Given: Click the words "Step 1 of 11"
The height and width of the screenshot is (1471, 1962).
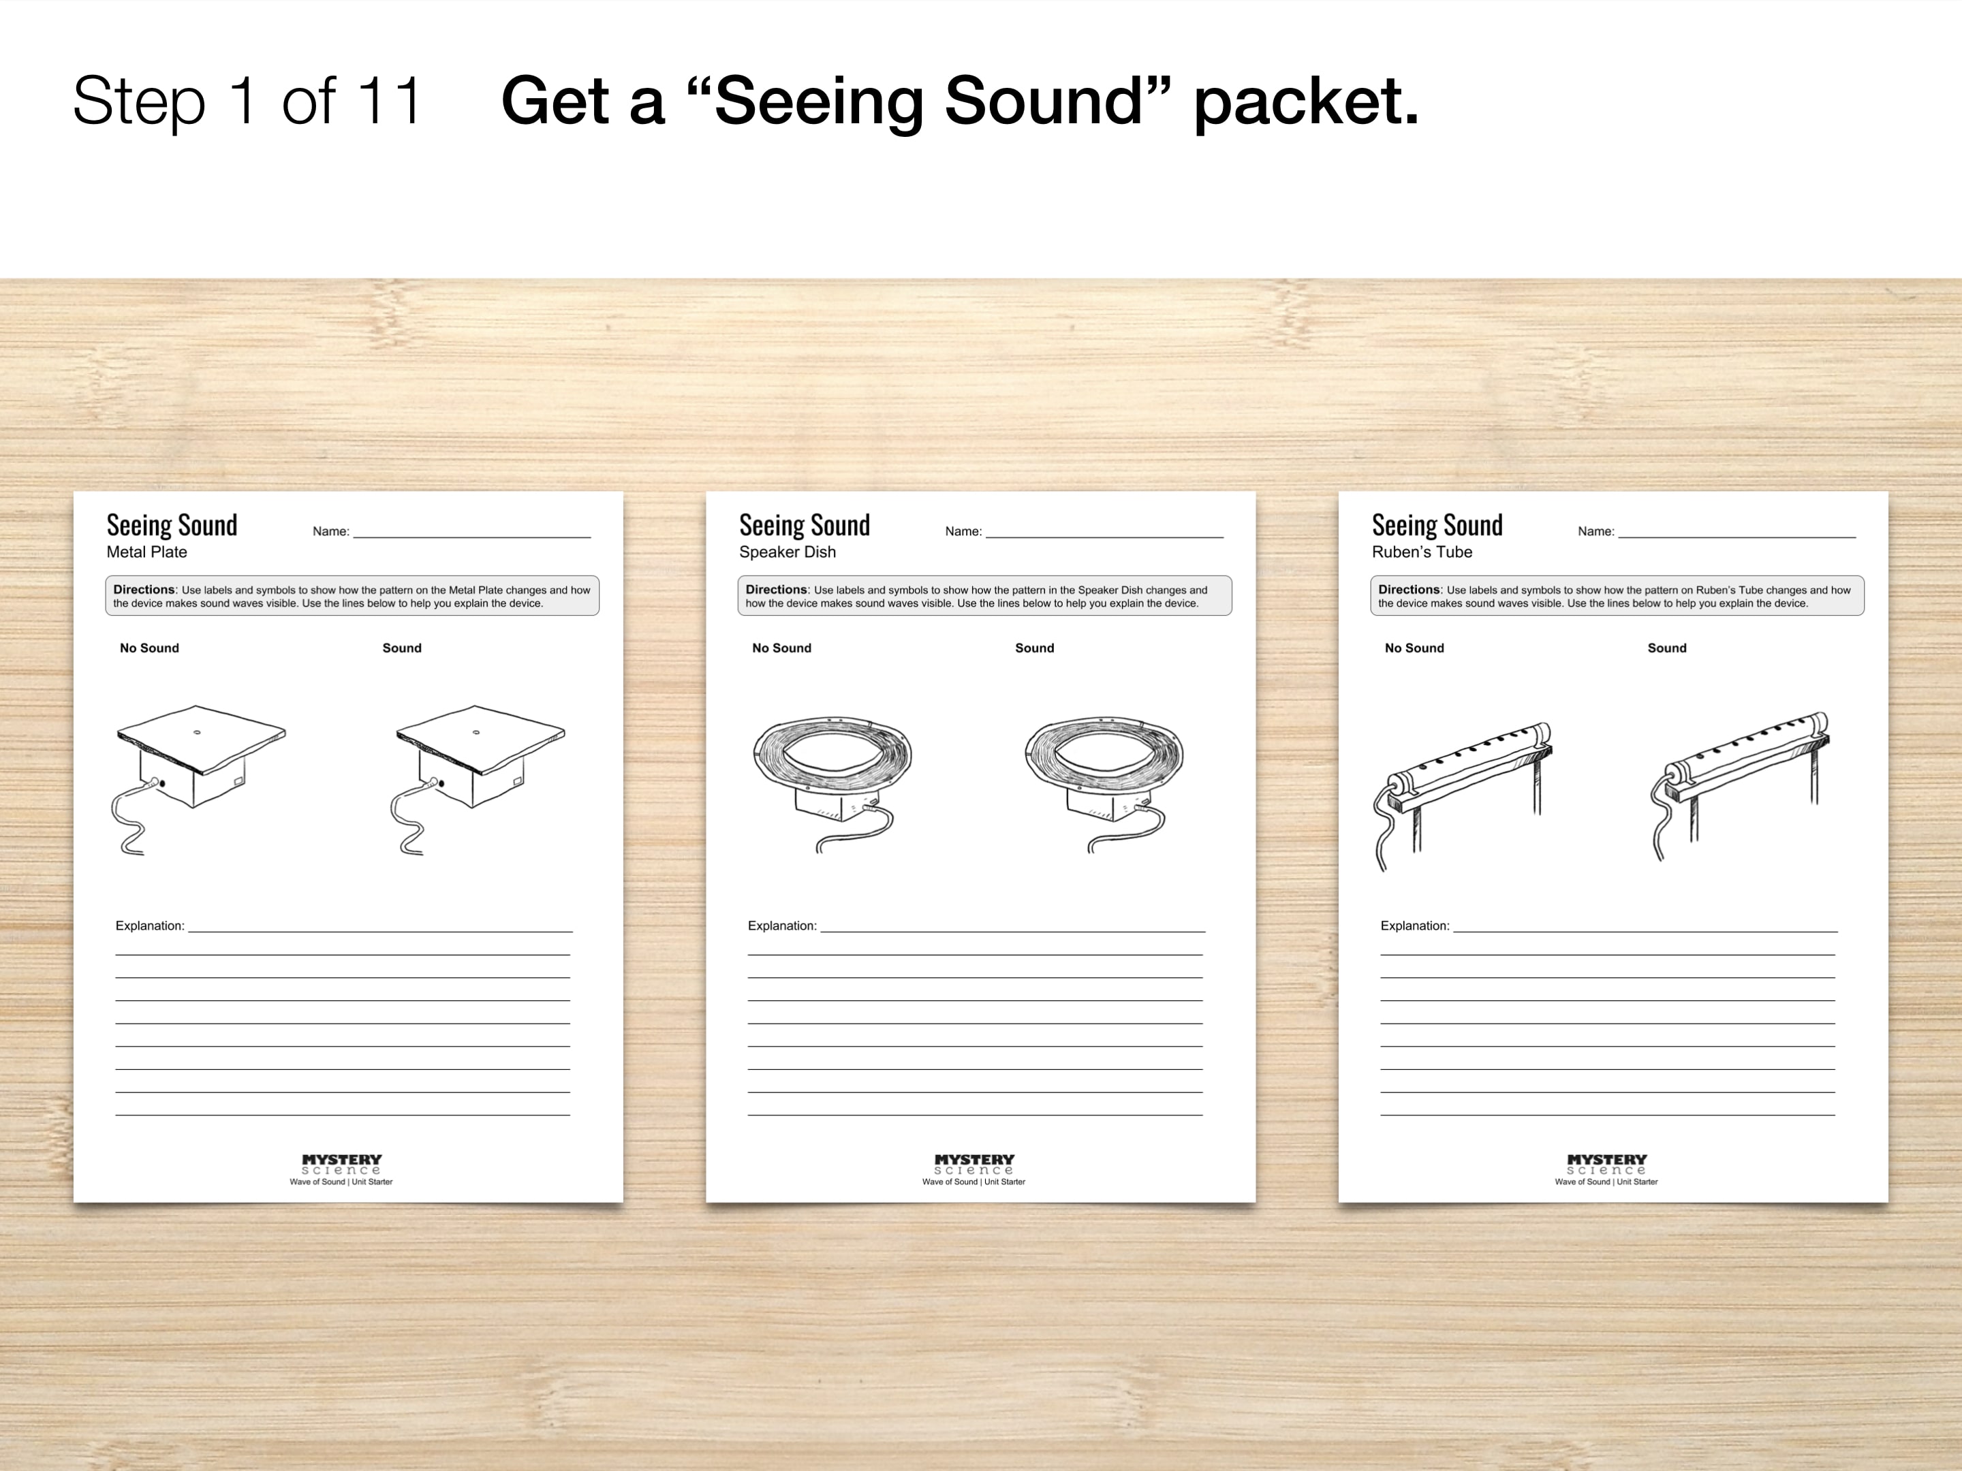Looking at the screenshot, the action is pos(247,101).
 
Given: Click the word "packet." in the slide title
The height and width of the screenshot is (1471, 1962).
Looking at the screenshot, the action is pos(1307,103).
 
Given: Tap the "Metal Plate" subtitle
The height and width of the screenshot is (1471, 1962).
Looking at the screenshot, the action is pos(146,552).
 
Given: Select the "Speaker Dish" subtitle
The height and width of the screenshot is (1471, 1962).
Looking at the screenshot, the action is pos(788,552).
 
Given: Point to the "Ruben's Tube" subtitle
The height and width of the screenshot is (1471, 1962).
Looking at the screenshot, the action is pos(1422,552).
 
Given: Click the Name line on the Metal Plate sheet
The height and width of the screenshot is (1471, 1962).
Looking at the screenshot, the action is pos(472,537).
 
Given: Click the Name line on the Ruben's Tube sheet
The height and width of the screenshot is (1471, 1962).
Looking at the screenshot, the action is pos(1737,537).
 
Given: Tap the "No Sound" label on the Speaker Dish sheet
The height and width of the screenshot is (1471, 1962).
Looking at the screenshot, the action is pos(781,648).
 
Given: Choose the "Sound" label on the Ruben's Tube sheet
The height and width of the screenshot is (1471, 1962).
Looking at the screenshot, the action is pos(1666,648).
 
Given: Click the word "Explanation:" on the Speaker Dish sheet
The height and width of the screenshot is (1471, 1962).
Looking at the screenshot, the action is pos(781,926).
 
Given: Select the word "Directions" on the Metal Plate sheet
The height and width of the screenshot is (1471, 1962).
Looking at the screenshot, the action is pos(144,590).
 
